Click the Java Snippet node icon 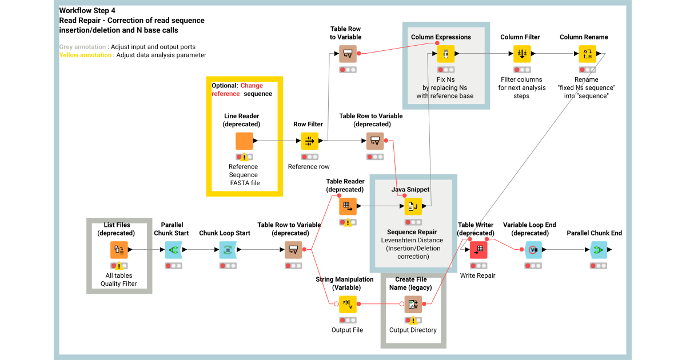413,206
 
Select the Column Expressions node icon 445,54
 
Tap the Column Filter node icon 521,54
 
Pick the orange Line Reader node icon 244,141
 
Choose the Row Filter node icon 309,141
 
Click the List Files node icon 119,250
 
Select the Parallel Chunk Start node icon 173,250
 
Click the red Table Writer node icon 478,250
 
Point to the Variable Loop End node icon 533,250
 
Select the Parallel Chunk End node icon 599,250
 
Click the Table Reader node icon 348,206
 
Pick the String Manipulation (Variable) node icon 348,304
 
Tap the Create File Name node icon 413,304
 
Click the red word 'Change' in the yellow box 252,86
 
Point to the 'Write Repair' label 477,275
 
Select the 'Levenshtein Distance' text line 412,241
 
